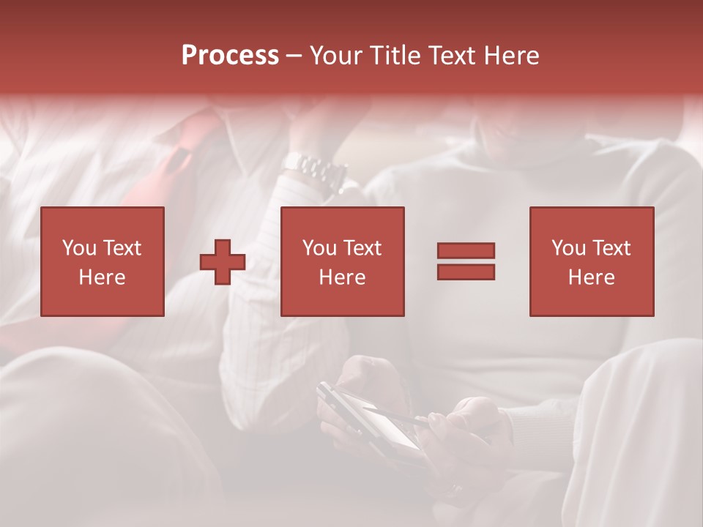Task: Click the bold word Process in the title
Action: click(230, 56)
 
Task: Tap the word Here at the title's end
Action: click(511, 56)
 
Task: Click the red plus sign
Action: click(223, 262)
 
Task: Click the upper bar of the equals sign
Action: click(466, 250)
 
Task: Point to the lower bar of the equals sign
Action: click(466, 272)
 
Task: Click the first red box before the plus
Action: click(103, 261)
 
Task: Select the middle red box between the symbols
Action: click(342, 261)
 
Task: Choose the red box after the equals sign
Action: click(591, 261)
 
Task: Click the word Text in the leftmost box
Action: click(122, 248)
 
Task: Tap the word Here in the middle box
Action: click(342, 277)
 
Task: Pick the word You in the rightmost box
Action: click(569, 248)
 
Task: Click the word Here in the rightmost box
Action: click(591, 277)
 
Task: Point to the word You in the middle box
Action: click(319, 248)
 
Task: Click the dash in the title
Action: click(294, 56)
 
